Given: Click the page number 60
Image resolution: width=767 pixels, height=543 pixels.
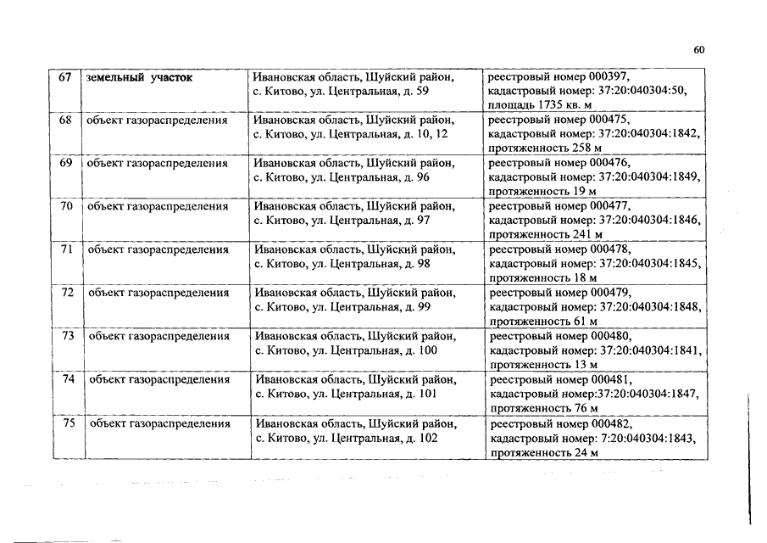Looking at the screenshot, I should pyautogui.click(x=699, y=50).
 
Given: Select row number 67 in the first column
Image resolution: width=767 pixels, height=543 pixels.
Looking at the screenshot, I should pyautogui.click(x=64, y=77).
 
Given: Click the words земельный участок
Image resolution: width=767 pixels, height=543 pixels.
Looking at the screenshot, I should pyautogui.click(x=139, y=77).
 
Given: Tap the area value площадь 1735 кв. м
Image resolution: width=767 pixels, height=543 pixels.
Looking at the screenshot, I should pyautogui.click(x=543, y=104).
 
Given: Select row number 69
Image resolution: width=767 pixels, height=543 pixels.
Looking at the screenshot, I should pyautogui.click(x=65, y=163).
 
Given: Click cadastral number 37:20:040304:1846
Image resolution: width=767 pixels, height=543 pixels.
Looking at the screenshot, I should pyautogui.click(x=642, y=220).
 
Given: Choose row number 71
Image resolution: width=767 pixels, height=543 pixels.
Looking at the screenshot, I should pyautogui.click(x=66, y=249).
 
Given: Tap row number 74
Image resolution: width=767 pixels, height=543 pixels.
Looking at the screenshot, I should pyautogui.click(x=69, y=379).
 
